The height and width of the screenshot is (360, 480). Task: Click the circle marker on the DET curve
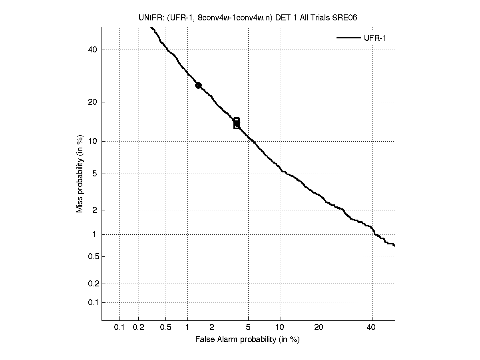point(198,85)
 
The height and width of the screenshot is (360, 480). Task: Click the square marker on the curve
point(237,123)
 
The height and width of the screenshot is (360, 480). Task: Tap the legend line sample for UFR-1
point(348,38)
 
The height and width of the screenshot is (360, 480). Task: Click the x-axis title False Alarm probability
point(247,340)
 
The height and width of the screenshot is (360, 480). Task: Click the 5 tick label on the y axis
point(95,174)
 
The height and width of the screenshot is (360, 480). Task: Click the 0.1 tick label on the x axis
point(120,328)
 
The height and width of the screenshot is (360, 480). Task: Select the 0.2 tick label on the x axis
point(138,328)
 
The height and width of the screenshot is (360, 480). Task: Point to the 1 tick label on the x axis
point(187,328)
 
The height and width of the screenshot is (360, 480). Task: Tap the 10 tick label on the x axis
point(281,328)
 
